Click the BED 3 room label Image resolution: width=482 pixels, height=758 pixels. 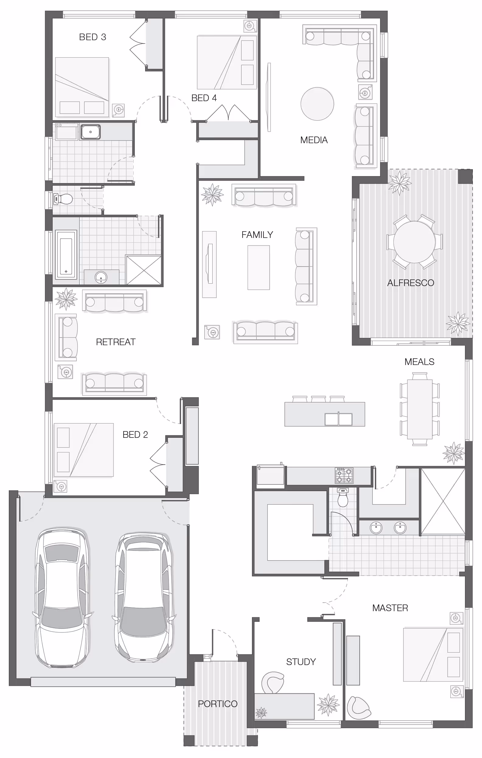[93, 37]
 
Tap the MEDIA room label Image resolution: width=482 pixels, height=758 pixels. [314, 140]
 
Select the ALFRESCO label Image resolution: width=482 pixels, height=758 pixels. [410, 283]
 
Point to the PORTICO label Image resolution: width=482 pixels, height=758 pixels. [218, 704]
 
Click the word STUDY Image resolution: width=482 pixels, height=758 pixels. [301, 662]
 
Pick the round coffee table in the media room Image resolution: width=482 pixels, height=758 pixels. [317, 104]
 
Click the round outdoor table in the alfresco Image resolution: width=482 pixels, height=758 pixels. [414, 242]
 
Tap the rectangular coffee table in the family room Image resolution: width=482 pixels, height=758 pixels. [258, 267]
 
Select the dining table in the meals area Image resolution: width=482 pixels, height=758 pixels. [420, 409]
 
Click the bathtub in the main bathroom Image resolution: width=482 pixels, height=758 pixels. [66, 255]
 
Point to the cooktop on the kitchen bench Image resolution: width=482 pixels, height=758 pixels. [344, 476]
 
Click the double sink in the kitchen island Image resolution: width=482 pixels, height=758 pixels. [338, 419]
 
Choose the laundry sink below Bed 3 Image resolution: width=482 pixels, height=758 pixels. [91, 132]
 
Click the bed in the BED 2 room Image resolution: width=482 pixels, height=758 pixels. [84, 450]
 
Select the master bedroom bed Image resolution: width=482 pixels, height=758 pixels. [433, 655]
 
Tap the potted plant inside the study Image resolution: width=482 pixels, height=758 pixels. [328, 704]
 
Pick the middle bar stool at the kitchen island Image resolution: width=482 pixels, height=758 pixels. [319, 399]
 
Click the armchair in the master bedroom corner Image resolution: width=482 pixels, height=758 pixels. [359, 708]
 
